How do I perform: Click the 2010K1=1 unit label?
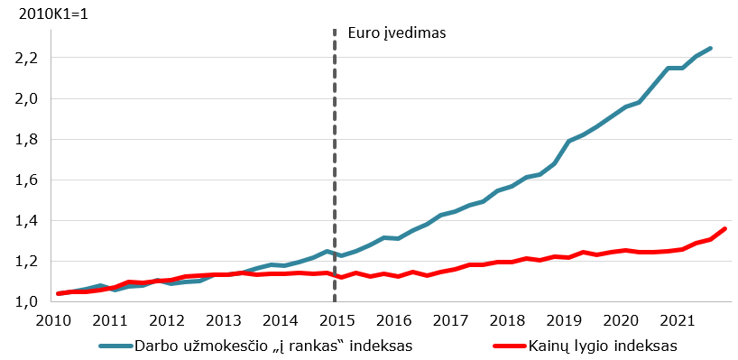[53, 14]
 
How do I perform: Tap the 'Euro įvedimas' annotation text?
[396, 33]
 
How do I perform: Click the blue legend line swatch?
[115, 346]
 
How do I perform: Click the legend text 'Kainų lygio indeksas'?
[603, 346]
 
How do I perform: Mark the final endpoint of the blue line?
[710, 48]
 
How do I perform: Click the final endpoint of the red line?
[724, 228]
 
